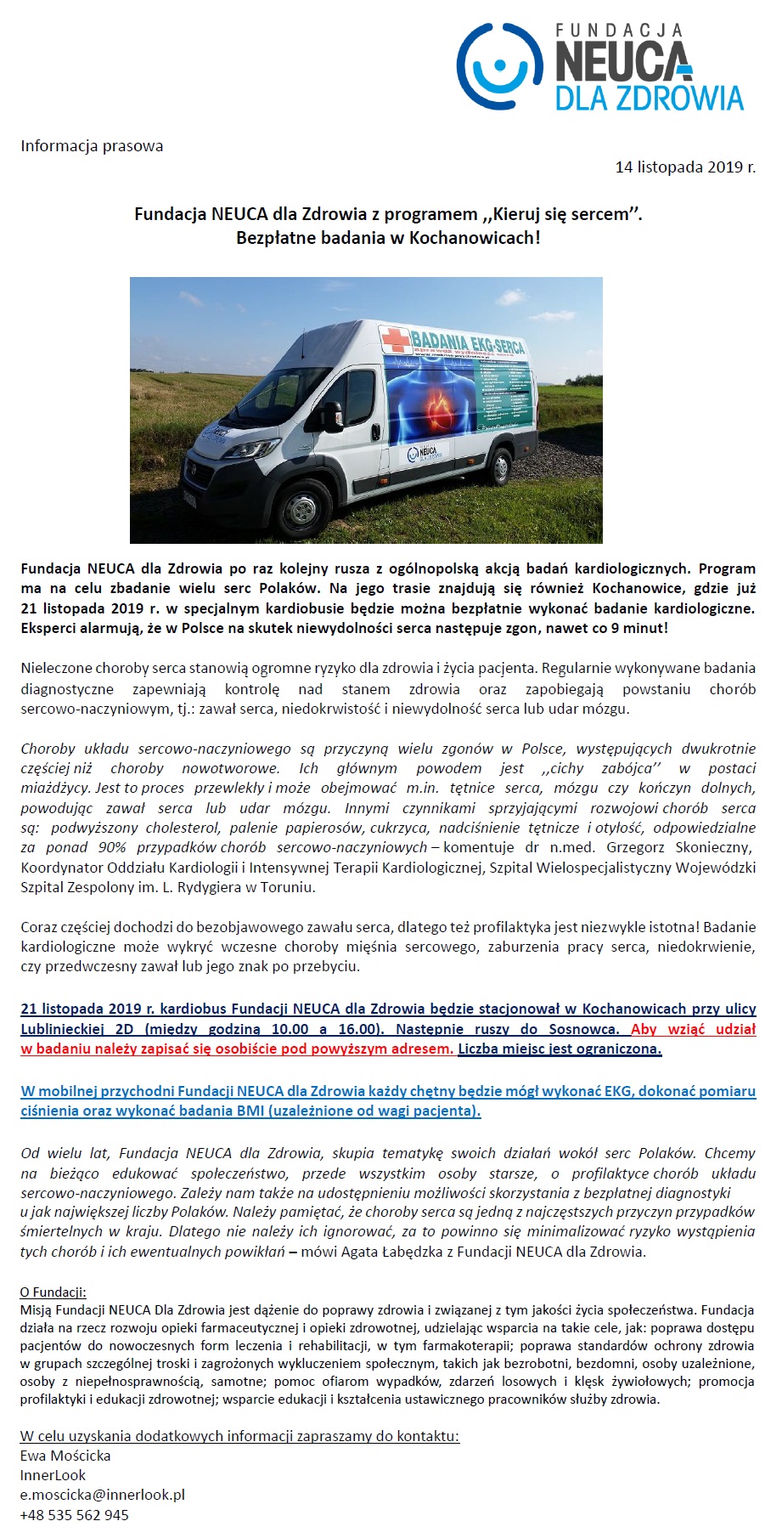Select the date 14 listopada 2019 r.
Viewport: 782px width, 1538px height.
(684, 167)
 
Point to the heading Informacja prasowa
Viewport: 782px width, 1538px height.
(92, 146)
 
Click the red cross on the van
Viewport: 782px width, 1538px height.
(395, 339)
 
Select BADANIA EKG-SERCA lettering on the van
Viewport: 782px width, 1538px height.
(467, 340)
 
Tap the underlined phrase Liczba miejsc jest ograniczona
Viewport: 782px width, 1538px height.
(560, 1049)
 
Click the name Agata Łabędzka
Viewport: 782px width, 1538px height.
(393, 1252)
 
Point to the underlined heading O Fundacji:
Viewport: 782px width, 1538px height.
(53, 1292)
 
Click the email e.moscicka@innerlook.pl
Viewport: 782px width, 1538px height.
(103, 1495)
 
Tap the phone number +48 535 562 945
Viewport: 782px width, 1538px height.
(75, 1515)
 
